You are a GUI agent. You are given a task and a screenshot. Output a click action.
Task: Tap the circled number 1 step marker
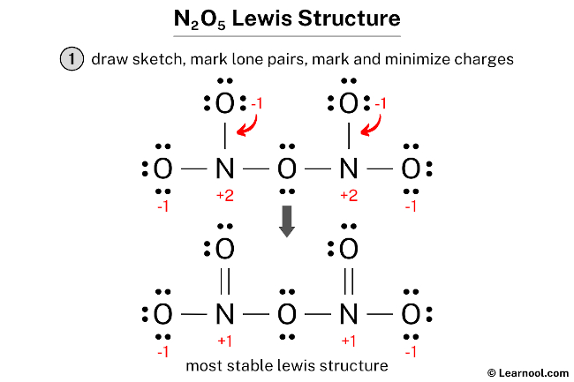(72, 60)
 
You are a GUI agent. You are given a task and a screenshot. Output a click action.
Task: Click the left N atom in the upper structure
(224, 167)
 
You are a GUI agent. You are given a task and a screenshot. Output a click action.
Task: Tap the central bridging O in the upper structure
(287, 167)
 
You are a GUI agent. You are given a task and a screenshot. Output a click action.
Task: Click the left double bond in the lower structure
(224, 280)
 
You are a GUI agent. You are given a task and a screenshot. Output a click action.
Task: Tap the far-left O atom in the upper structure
(162, 167)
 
